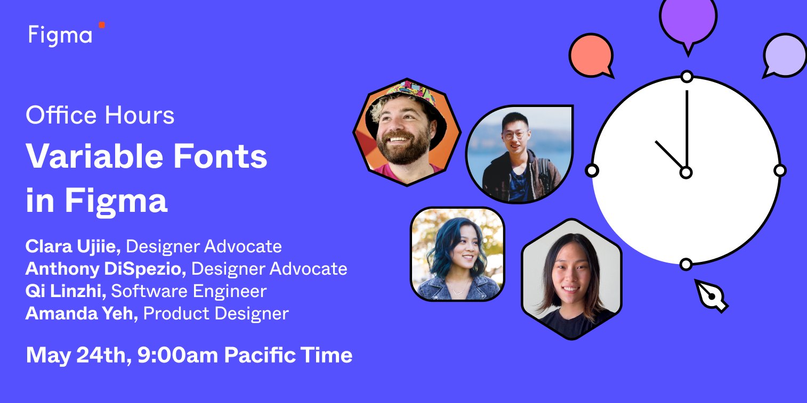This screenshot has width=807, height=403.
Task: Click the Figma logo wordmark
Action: [x=60, y=36]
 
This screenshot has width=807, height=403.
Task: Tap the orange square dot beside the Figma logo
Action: [x=102, y=25]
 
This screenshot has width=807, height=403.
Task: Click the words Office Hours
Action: [x=100, y=116]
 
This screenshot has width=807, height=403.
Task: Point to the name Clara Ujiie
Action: [x=74, y=246]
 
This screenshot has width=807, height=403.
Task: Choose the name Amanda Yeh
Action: [x=82, y=314]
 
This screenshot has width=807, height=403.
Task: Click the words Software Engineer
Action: [x=189, y=291]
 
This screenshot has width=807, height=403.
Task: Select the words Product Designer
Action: [x=216, y=314]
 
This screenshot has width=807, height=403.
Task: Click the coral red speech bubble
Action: [x=591, y=55]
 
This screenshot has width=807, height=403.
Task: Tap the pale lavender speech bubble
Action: [x=784, y=55]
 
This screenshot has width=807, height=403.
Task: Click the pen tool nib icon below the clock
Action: [x=711, y=295]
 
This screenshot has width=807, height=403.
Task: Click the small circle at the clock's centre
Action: [x=686, y=172]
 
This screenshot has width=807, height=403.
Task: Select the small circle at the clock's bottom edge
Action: [x=686, y=264]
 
